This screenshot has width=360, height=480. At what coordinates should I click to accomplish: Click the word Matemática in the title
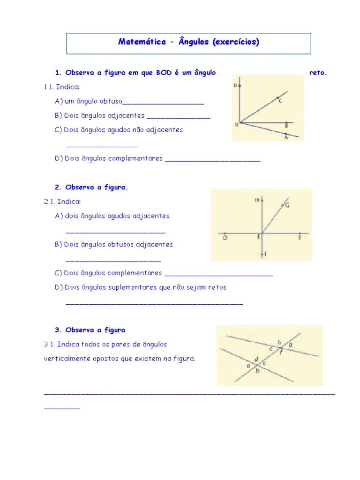coord(142,42)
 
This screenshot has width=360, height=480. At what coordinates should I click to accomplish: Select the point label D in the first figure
coord(235,85)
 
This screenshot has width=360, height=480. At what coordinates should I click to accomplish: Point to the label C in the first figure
coord(280,101)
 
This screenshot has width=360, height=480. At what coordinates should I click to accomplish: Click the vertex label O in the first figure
coord(236,125)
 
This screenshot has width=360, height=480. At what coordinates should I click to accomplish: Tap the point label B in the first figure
coord(286,126)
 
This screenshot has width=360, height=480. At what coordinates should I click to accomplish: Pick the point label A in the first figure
coord(286,138)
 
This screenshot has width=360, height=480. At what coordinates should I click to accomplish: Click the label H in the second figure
coord(257,200)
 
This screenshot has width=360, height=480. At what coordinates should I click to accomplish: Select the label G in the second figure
coord(287,205)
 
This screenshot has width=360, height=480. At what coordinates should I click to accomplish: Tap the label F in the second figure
coord(300,238)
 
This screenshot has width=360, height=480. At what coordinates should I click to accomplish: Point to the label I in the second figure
coord(265,254)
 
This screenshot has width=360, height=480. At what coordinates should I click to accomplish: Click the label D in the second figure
coord(225,238)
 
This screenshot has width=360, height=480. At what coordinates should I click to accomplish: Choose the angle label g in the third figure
coord(291,345)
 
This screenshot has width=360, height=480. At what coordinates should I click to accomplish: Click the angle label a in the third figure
coord(248,366)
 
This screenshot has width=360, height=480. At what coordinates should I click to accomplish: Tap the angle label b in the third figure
coord(257,371)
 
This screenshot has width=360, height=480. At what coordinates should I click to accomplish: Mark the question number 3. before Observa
coord(58,330)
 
